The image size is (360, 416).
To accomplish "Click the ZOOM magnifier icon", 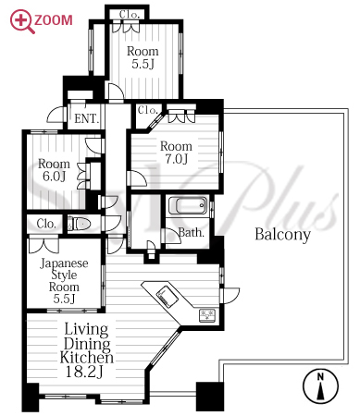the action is coord(20,20).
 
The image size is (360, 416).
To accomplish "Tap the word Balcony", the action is coord(282,235).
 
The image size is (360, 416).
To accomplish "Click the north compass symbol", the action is coord(320,385).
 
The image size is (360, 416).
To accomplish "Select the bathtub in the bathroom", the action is coord(188,205).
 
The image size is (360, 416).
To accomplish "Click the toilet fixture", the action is coord(80,224).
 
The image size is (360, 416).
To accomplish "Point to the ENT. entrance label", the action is coord(87,118).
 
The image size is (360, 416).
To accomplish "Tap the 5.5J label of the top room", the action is coord(143,64).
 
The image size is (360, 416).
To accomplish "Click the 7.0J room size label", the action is coord(176,159).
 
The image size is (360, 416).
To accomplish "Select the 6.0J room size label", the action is coord(54,177).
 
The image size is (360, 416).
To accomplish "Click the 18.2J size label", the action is coord(84,372).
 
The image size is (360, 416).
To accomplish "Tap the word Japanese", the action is coord(64,263).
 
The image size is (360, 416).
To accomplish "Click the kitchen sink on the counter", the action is coord(167,296).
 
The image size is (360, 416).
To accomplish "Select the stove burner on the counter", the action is coord(207,315).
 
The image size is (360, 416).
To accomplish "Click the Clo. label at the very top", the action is coord(130,14).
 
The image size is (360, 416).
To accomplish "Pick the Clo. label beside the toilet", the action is coord(46,224).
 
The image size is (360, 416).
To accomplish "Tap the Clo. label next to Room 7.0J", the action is coord(148,110).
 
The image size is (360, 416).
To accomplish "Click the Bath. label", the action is coord(192,233).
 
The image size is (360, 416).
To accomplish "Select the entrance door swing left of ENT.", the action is coord(56,115).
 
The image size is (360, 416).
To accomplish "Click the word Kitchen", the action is coord(87,358).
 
